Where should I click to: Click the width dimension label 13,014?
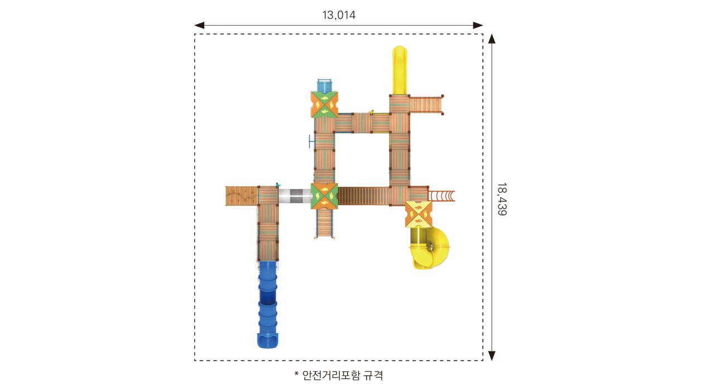pos(339,15)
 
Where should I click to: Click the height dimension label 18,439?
pos(502,199)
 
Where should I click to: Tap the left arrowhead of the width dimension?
pos(199,25)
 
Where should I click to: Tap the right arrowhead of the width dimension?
pos(478,25)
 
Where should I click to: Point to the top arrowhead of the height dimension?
pos(492,39)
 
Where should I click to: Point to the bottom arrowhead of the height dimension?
pos(492,356)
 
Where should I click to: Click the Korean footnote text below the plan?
pos(339,375)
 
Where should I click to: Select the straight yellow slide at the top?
pos(400,70)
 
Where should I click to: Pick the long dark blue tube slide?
pos(267,304)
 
